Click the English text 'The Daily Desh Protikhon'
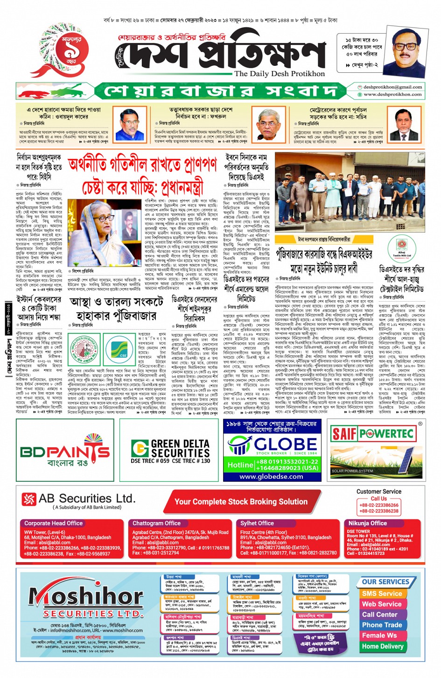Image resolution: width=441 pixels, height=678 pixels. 280,74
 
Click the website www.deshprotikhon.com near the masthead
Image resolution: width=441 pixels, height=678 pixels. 392,94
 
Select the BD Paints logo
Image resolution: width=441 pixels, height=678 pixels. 65,452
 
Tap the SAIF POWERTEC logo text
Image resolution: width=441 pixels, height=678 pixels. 373,434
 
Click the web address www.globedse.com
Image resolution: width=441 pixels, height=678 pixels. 271,477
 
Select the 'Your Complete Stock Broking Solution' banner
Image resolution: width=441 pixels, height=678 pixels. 241,501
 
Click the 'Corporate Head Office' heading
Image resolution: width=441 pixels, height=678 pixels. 54,523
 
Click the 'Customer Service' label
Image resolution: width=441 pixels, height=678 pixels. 378,491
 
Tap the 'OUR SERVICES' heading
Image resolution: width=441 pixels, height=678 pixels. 385,582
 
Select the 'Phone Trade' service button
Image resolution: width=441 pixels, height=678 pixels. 382,625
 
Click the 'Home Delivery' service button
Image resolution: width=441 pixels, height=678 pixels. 383,646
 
